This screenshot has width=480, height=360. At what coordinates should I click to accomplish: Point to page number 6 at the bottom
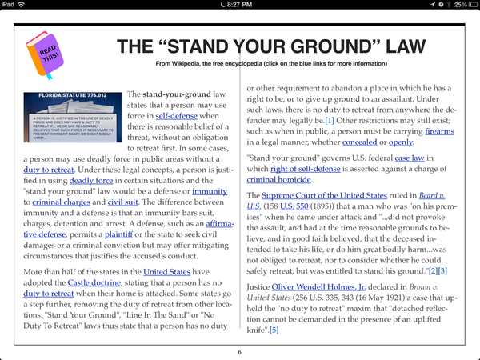(x=239, y=352)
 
